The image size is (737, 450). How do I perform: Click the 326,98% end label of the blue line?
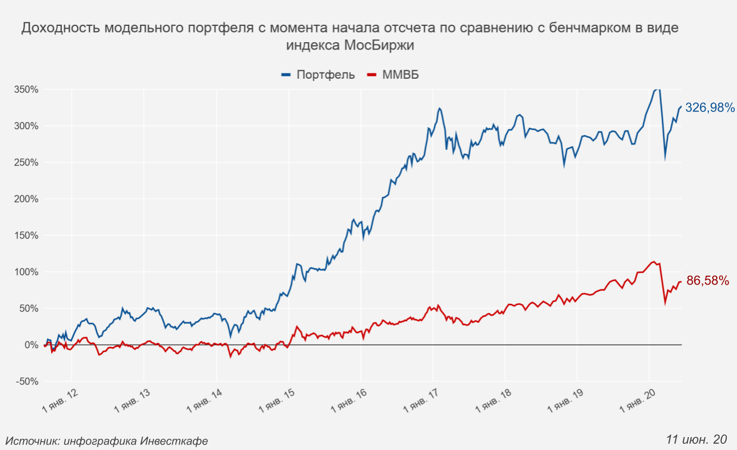point(709,107)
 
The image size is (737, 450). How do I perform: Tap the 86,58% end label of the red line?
point(707,281)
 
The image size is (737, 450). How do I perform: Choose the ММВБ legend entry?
point(393,75)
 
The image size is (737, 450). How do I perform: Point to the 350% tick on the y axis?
point(26,89)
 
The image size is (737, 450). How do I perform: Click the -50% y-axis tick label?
point(26,381)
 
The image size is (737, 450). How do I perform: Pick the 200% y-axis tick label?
point(26,199)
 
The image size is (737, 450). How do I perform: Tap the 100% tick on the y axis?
point(26,272)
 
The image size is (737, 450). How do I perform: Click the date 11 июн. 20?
point(697,439)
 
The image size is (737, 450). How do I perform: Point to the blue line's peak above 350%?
point(657,89)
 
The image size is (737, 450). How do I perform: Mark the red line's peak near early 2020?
point(653,262)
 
